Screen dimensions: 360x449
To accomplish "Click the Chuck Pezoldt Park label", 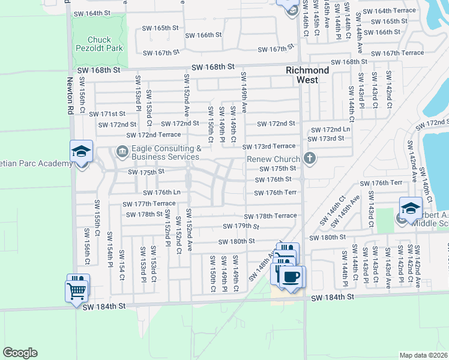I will tap(100, 45).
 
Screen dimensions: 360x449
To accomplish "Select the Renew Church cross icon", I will tap(309, 159).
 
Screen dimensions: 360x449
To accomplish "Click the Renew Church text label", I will tap(273, 160).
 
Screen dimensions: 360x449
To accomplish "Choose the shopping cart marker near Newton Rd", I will tap(77, 290).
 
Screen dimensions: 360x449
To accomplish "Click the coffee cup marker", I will tap(292, 277).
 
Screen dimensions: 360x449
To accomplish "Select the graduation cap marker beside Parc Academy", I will tap(81, 152).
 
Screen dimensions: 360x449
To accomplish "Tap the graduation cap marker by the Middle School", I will tap(411, 208).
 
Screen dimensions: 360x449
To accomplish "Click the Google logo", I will tap(20, 352).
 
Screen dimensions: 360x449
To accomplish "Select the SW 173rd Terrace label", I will tap(269, 146).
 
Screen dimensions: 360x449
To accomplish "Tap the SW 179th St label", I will tap(241, 226).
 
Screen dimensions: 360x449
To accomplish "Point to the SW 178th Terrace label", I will tap(270, 216).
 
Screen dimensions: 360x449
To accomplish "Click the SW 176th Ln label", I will tap(162, 193).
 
